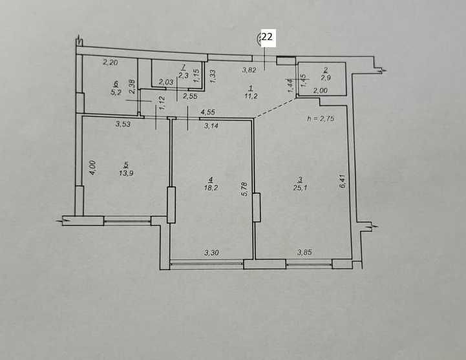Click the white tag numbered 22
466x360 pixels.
coord(267,38)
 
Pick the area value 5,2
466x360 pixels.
coord(116,92)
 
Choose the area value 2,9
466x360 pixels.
coord(326,78)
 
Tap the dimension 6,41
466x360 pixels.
coord(343,181)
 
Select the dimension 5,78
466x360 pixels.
coord(244,189)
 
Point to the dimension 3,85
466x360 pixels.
coord(304,253)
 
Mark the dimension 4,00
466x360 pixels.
coord(93,168)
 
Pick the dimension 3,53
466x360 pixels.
coord(123,124)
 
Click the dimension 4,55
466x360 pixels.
coord(208,112)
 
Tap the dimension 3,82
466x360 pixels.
coord(249,70)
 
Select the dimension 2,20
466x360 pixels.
coord(111,62)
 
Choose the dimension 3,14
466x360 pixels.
coord(211,126)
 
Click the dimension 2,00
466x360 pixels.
coord(320,90)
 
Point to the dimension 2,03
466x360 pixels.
coord(166,81)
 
